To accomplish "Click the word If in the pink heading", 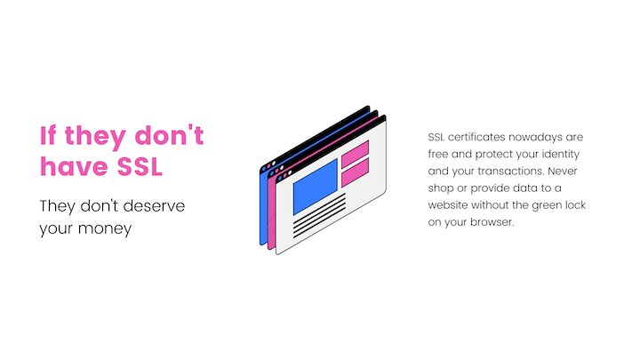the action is coord(48,135).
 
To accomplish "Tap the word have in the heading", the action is coord(74,166).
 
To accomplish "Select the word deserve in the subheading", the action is coord(154,205).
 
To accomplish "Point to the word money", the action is coord(105,228).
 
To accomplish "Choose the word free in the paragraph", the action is coord(438,155).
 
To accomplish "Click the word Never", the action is coord(563,171).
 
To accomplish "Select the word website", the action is coord(448,205).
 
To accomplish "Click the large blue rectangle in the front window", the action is coord(316,187).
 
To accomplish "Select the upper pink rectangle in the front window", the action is coord(355,154).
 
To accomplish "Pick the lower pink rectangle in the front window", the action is coord(355,172).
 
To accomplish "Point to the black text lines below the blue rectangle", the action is coord(320,216).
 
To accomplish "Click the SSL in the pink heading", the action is coord(140,166).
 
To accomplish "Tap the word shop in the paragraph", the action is coord(440,188).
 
